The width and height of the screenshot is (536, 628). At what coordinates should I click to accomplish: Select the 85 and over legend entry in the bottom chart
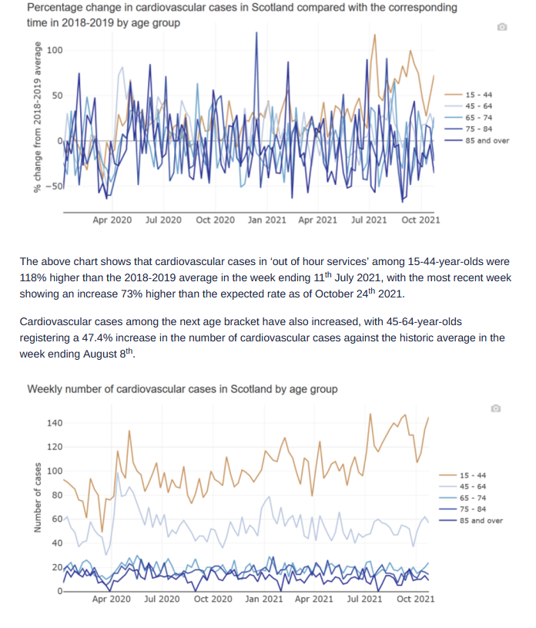click(471, 521)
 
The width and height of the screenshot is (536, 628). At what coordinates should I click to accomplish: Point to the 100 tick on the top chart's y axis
click(55, 50)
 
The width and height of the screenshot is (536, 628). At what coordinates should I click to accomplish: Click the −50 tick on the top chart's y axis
click(54, 186)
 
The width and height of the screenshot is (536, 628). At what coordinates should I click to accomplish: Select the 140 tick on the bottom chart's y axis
click(55, 423)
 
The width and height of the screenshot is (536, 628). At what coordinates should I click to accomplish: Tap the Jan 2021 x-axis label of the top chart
click(267, 220)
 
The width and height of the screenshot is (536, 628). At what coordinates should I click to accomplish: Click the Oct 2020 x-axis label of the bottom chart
click(213, 599)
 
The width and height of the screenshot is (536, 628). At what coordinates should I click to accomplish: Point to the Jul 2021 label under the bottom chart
click(364, 599)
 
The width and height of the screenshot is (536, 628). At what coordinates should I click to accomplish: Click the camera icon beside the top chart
click(502, 27)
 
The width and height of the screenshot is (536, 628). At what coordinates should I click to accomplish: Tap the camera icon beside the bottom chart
click(496, 408)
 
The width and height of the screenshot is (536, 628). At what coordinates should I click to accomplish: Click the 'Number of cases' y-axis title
click(38, 498)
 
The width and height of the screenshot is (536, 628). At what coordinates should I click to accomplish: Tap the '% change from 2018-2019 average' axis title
click(38, 117)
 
